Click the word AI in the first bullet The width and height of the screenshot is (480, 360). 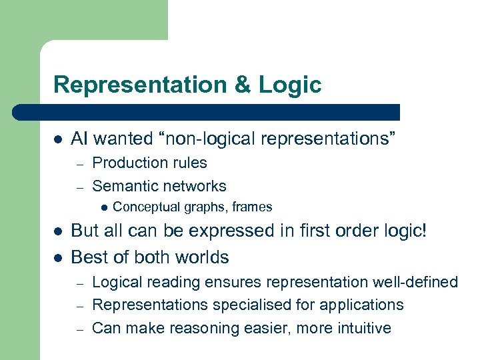(x=79, y=139)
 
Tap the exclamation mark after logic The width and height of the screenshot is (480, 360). (x=423, y=231)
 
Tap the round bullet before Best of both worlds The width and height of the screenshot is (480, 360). (x=58, y=257)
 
